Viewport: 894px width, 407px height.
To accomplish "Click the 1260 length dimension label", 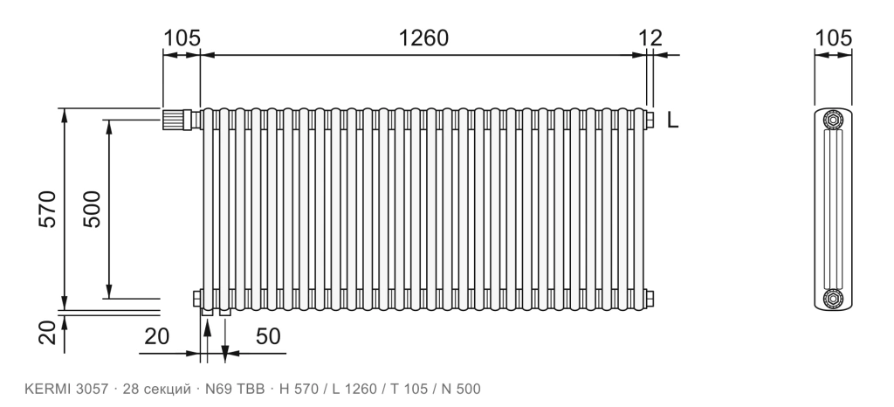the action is click(x=423, y=38).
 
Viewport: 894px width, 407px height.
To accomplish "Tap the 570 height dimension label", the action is click(x=48, y=210).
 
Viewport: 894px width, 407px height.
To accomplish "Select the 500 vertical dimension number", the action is click(x=91, y=210).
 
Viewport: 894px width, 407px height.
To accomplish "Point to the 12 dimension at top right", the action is click(x=650, y=38).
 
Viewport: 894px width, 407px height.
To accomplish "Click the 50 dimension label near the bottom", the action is click(x=268, y=336).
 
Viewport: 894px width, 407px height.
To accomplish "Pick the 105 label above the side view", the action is click(x=833, y=38).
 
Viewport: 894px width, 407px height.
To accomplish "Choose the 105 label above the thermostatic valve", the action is click(x=182, y=38).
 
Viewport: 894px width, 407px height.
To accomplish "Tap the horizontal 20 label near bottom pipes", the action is click(x=157, y=336).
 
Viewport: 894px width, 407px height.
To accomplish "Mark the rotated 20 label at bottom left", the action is click(x=48, y=333).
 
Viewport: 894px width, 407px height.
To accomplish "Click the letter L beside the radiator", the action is click(x=673, y=121).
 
